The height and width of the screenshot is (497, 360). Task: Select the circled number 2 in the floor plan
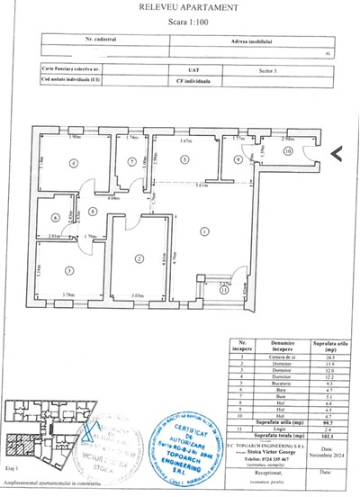(139, 258)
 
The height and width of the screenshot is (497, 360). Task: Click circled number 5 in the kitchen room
(184, 159)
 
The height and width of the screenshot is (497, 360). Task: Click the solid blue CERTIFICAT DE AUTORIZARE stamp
(193, 447)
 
